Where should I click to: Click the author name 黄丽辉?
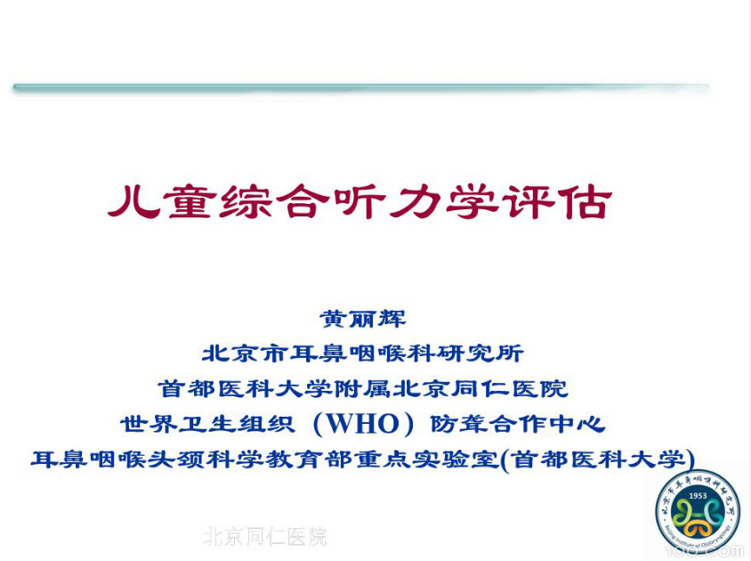362,319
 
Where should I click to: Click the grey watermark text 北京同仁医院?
264,536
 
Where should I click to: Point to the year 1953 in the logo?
698,494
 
